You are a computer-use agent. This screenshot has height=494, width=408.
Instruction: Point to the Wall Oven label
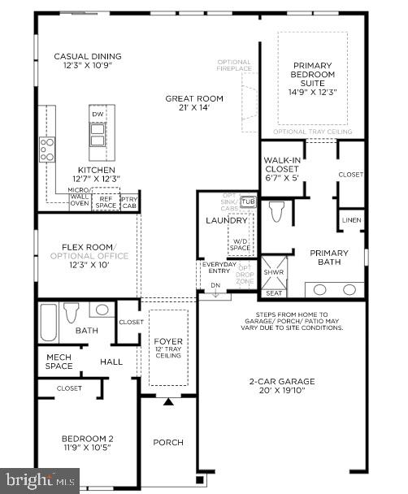pos(80,200)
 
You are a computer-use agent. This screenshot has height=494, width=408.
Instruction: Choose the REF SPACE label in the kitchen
pos(106,201)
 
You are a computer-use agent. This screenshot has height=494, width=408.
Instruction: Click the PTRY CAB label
pos(128,201)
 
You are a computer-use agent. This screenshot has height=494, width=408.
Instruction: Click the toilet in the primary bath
pos(276,212)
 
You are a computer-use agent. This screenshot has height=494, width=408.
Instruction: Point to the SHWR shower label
pos(271,271)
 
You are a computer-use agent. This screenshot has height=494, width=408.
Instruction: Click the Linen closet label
pos(351,220)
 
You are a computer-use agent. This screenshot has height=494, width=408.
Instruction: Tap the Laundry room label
pos(226,220)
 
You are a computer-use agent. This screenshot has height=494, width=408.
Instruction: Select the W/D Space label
pos(240,244)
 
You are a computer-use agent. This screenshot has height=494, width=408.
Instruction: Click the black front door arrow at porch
pos(169,401)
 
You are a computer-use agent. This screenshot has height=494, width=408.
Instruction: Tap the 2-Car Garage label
pos(283,385)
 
